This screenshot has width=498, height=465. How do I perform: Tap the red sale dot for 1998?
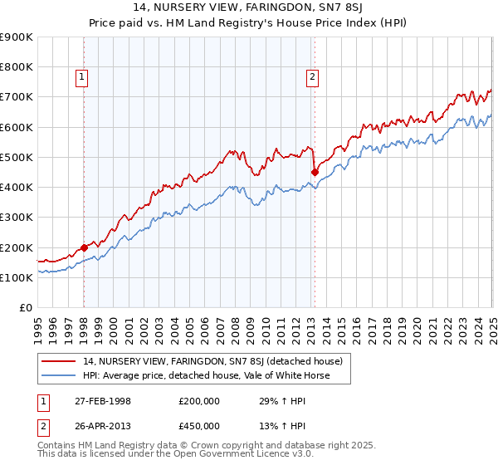coord(85,247)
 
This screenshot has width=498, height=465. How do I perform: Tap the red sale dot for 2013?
coord(315,172)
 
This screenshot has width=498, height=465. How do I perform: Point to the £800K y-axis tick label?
coord(17,66)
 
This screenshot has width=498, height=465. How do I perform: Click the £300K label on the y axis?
coord(17,218)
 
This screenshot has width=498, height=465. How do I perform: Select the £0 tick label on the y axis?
coord(25,308)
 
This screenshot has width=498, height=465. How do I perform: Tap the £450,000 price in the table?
coord(199,425)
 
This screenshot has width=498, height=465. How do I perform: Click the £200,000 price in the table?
coord(199,401)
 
